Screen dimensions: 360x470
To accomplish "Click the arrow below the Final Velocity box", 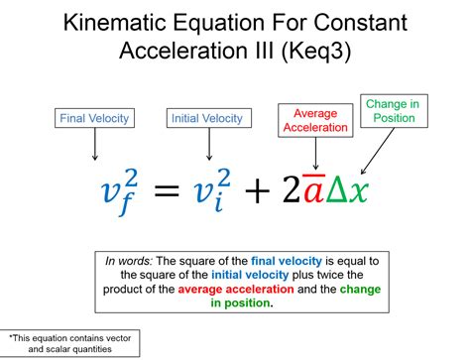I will click(94, 147).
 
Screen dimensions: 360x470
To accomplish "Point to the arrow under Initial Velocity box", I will click(208, 147).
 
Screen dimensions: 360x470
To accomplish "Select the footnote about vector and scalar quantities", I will click(69, 343).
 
